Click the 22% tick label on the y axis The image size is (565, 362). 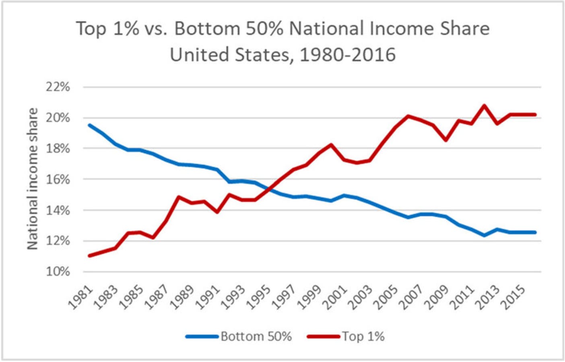[x=58, y=87]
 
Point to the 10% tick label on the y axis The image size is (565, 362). [x=58, y=271]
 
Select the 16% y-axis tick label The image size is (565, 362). [x=58, y=179]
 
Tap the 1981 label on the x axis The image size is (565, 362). [x=80, y=297]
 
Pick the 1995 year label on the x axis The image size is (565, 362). [x=258, y=297]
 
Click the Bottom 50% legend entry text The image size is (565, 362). [x=256, y=336]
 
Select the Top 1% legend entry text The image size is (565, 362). [x=363, y=336]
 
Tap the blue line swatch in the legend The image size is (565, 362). [x=202, y=336]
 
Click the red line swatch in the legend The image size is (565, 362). [x=324, y=336]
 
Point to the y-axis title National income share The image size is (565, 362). [x=32, y=179]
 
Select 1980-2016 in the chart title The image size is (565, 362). [x=348, y=55]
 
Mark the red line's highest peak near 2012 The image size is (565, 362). [x=484, y=106]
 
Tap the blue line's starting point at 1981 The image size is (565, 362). [x=89, y=125]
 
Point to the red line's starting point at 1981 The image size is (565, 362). [x=89, y=255]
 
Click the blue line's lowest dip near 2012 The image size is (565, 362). [x=484, y=235]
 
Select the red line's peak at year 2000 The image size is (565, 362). [x=331, y=145]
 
